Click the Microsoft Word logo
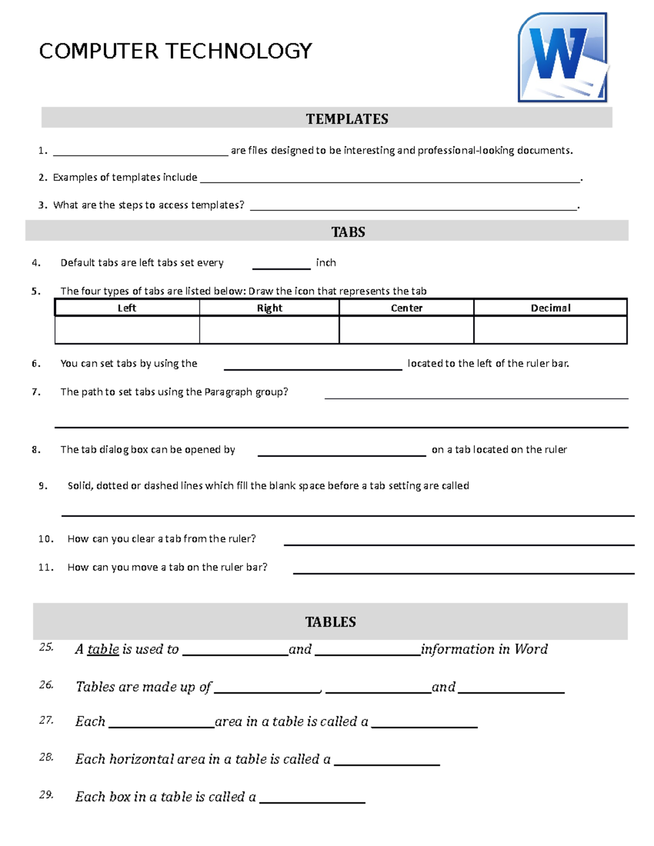pos(562,58)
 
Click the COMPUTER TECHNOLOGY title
pos(175,51)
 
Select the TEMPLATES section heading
pos(347,119)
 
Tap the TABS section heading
pos(348,232)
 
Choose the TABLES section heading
pos(330,622)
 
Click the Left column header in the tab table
pos(127,308)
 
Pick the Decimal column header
pos(550,308)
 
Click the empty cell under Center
pos(406,330)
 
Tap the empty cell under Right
pos(269,330)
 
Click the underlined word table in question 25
pos(103,649)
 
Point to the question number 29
pos(46,795)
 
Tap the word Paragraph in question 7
pos(228,392)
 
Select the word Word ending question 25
pos(531,649)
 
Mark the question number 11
pos(46,567)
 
